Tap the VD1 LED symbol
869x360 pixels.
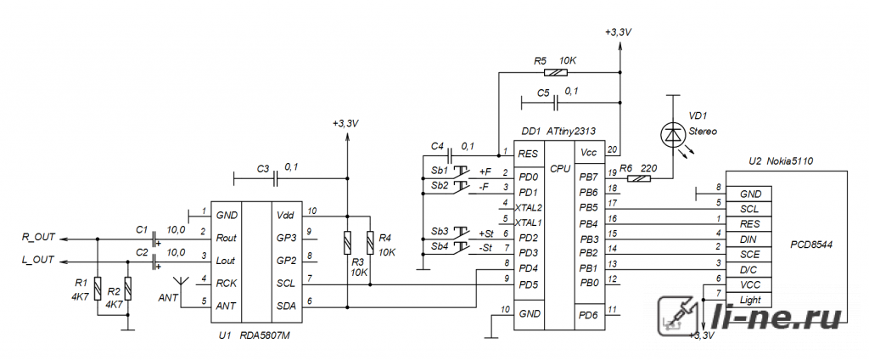pos(673,133)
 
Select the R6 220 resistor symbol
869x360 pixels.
pos(640,178)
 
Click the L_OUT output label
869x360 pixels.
pos(38,260)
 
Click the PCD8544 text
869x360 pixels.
pos(811,244)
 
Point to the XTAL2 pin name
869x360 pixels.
pos(528,207)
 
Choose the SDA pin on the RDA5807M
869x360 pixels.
pos(286,306)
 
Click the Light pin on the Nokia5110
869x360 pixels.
pos(751,300)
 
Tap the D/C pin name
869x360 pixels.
pos(750,270)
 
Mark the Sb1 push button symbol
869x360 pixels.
pos(461,172)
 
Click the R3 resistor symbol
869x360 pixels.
pos(347,243)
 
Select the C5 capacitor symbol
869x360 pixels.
pos(557,102)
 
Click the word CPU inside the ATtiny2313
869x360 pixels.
pos(560,168)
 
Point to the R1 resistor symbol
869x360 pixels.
pos(98,288)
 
